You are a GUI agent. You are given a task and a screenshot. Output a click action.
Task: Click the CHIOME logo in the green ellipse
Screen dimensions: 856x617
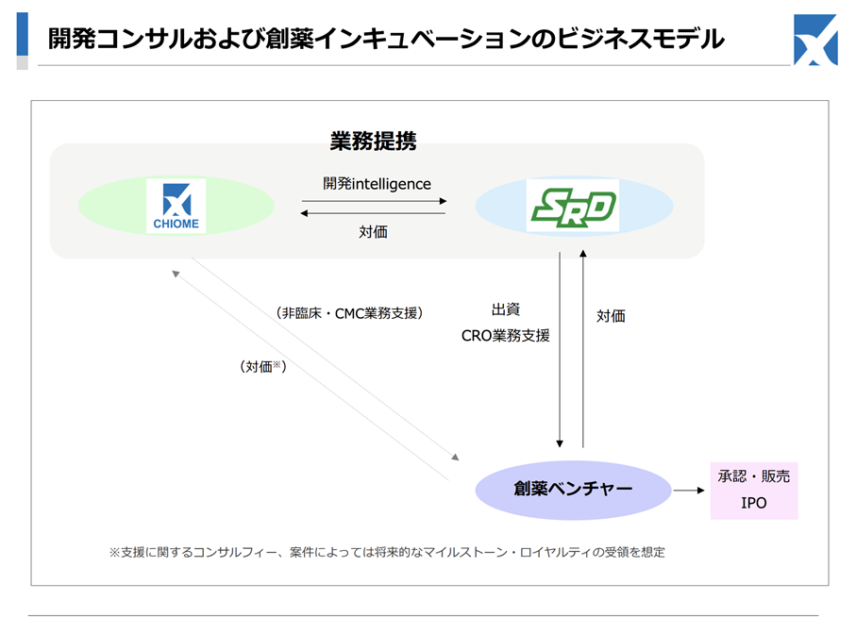coord(176,206)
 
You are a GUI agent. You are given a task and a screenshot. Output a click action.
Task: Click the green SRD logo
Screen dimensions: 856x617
coord(573,206)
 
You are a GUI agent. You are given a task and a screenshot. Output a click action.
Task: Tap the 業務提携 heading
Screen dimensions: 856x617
coord(373,141)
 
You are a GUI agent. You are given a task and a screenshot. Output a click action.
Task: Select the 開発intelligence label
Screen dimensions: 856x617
coord(377,183)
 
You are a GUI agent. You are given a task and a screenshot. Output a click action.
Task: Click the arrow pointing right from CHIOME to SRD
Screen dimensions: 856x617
coord(375,201)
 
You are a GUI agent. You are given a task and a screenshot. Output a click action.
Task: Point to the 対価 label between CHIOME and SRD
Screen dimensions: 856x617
coord(374,232)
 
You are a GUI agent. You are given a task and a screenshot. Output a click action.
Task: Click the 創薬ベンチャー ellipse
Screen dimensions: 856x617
coord(573,490)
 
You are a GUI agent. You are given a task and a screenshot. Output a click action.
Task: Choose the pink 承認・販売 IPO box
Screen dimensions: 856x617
coord(754,490)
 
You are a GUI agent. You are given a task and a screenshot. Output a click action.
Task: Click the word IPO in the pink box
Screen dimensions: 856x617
coord(754,503)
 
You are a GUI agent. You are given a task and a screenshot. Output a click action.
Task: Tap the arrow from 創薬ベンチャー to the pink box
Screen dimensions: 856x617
coord(689,490)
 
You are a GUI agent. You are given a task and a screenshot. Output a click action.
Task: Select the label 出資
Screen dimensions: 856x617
coord(506,309)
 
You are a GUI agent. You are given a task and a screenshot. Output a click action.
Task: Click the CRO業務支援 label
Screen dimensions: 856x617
coord(506,336)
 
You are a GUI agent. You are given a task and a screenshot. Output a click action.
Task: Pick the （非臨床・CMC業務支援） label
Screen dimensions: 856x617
coord(349,313)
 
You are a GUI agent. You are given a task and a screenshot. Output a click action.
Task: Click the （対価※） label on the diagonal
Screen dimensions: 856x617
coord(263,366)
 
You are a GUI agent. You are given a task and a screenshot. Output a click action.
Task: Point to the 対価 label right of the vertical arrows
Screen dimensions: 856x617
coord(611,316)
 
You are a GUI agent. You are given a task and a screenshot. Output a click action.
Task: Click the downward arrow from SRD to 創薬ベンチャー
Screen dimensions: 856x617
coord(560,350)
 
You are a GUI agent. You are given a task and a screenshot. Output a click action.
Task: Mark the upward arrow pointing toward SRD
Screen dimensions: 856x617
coord(583,349)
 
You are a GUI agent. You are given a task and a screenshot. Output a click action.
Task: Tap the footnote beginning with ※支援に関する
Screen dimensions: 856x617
coord(387,552)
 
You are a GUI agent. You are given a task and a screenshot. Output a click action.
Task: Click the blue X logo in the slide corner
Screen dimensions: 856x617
coord(815,40)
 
